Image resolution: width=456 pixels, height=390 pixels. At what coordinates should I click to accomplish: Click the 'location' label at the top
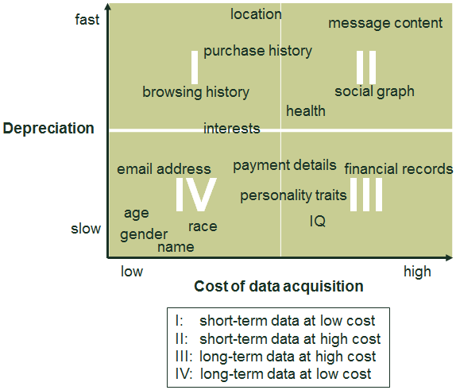256,14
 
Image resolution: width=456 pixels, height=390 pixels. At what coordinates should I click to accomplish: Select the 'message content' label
385,23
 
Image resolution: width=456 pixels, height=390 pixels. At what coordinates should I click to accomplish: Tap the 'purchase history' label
257,51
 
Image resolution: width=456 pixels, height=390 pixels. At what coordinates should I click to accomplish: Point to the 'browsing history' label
195,92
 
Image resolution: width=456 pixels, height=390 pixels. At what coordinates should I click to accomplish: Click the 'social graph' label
374,91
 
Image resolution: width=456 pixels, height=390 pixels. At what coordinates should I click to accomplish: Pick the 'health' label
306,111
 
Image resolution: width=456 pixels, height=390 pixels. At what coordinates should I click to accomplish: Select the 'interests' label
231,129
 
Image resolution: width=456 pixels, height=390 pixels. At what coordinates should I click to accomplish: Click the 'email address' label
164,169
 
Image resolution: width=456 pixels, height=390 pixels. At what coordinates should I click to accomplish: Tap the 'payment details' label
284,165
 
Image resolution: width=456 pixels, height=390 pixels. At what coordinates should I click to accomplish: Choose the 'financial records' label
398,169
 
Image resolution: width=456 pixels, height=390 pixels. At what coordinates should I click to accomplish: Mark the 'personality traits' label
293,195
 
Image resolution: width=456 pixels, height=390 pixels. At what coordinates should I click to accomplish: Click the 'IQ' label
318,222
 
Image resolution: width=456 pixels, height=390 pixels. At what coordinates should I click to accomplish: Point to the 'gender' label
144,235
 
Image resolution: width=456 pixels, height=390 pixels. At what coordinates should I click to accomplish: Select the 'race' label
203,226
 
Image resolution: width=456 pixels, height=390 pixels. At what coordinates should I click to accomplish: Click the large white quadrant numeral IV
195,195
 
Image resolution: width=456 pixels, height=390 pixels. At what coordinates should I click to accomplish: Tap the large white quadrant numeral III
366,195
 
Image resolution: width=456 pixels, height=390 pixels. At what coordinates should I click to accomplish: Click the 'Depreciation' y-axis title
48,129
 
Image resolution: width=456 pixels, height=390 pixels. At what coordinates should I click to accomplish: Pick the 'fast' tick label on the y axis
87,20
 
